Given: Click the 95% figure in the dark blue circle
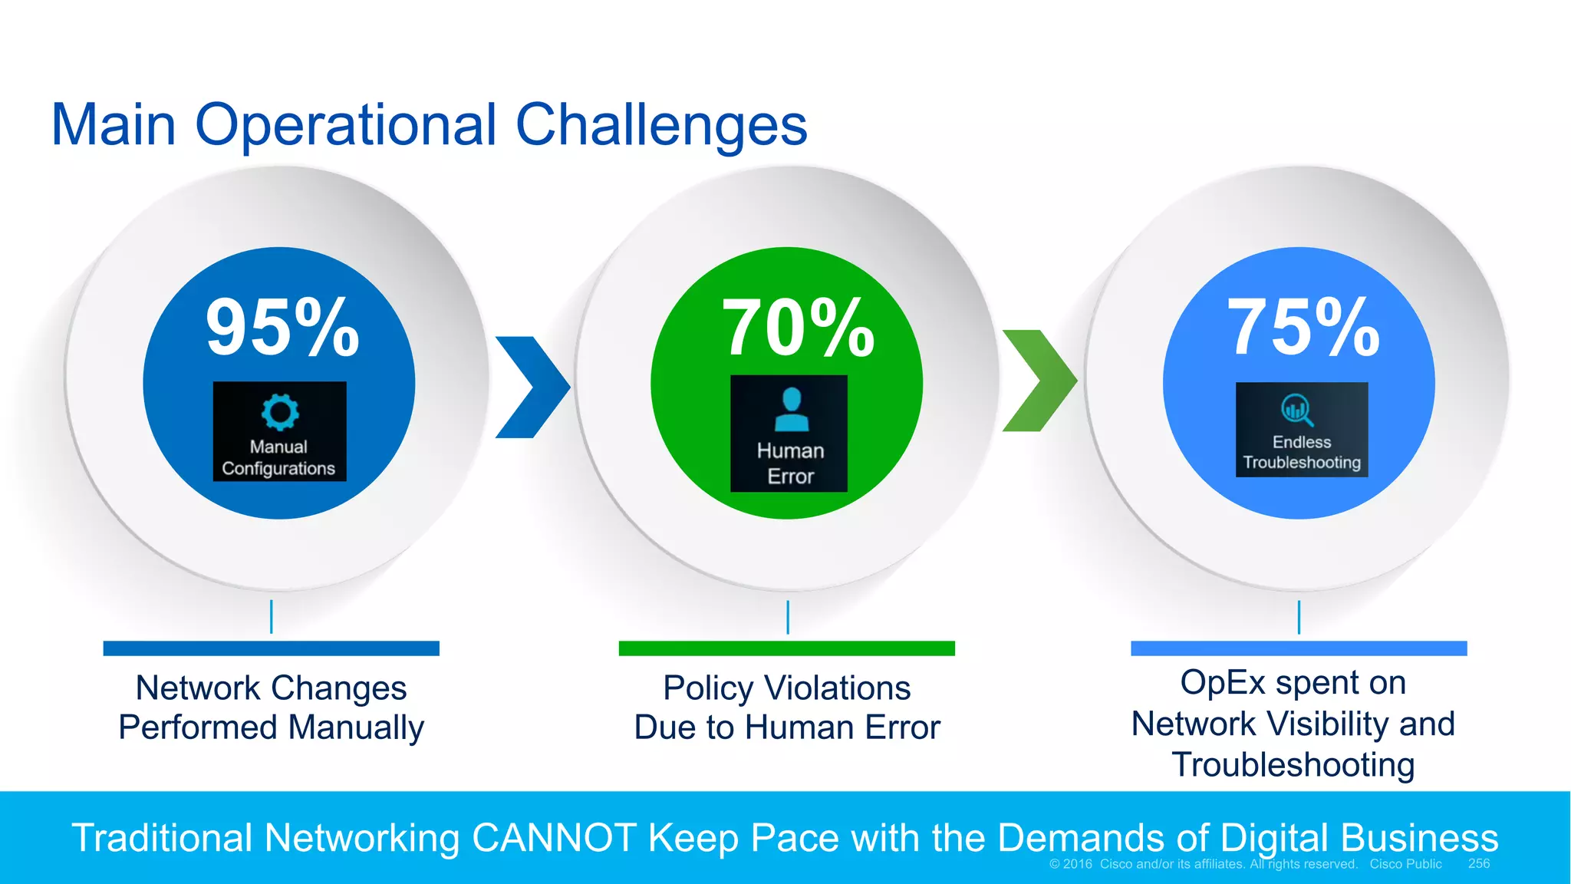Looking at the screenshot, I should tap(282, 328).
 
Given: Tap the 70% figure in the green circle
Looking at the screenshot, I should tap(798, 328).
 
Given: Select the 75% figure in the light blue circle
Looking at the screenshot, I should tap(1303, 328).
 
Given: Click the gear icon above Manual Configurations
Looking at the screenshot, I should tap(280, 412).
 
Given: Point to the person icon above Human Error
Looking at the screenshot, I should tap(791, 409).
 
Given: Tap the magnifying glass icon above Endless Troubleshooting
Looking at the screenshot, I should tap(1297, 410).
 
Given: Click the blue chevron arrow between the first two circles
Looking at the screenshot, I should tap(532, 387).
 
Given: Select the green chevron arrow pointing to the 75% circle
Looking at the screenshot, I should tap(1039, 381).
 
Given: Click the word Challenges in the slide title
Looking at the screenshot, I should tap(660, 125).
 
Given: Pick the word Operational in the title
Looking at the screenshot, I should tap(346, 125).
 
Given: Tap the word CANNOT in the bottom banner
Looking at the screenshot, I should tap(554, 838).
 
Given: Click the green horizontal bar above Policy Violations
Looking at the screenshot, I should tap(786, 648).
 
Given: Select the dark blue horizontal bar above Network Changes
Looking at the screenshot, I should tap(271, 648).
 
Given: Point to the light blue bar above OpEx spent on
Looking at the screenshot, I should tap(1298, 648).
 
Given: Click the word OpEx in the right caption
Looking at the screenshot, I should tap(1223, 682).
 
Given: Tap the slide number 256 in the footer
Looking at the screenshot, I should tap(1478, 864).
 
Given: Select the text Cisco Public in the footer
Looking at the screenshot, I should tap(1405, 864).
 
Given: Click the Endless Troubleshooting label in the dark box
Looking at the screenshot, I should tap(1302, 452).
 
